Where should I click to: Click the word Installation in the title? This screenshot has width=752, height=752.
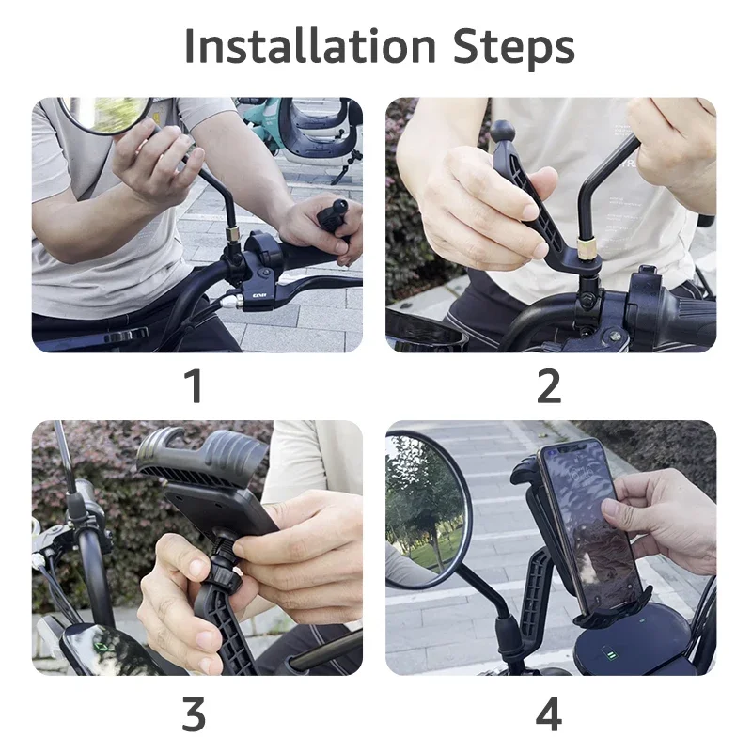coord(310,45)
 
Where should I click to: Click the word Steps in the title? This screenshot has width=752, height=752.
coord(513,49)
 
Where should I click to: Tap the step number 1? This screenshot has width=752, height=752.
coord(195,385)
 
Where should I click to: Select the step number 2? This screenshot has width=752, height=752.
coord(549,385)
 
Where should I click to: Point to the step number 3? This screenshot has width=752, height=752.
coord(194,713)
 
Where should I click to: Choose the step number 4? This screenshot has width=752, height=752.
coord(549,713)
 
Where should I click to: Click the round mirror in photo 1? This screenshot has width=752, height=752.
coord(103,114)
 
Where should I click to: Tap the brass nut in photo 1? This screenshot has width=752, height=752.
coord(233,234)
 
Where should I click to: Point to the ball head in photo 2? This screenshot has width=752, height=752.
coord(502,132)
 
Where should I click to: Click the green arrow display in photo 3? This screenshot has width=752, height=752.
coord(102,648)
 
